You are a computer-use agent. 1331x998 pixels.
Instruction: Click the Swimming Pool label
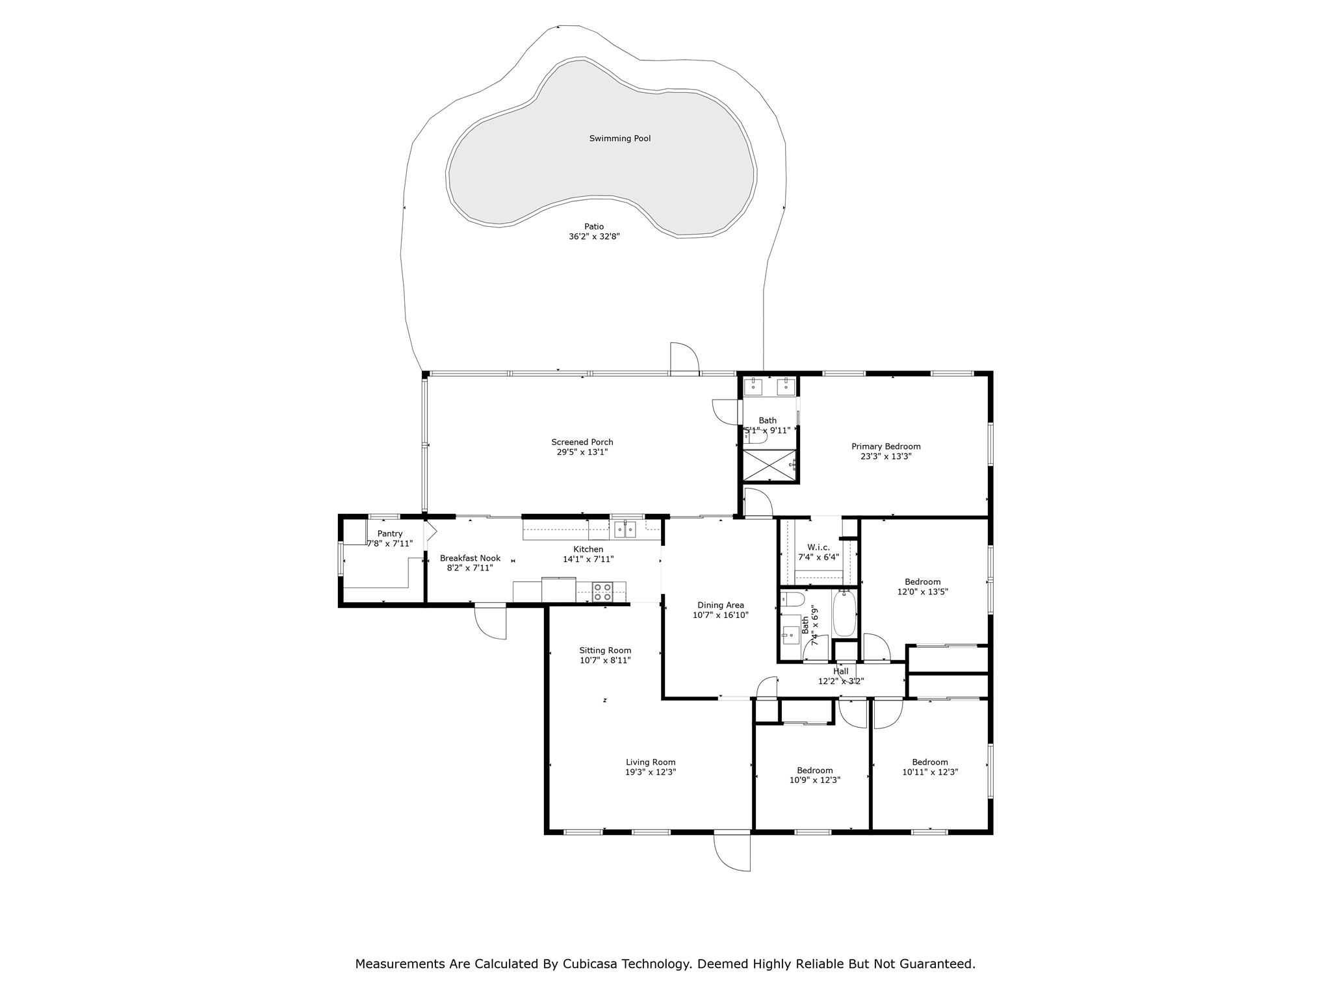pos(619,138)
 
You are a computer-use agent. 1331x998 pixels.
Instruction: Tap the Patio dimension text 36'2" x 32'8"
pos(594,237)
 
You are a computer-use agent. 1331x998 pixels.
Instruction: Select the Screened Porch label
pos(582,442)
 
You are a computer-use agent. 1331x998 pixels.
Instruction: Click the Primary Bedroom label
pos(886,446)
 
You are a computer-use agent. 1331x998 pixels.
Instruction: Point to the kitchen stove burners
pos(602,592)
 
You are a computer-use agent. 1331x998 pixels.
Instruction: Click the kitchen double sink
pos(625,530)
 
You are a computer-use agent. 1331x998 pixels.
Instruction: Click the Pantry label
pos(390,533)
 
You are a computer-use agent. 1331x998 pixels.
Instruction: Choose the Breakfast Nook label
pos(470,558)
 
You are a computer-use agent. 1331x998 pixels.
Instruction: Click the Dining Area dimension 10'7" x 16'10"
pos(720,615)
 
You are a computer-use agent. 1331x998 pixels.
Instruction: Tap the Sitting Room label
pos(605,650)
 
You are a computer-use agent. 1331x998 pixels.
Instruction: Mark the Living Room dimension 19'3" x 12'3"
pos(651,773)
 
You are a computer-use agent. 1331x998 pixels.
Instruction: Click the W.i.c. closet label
pos(818,547)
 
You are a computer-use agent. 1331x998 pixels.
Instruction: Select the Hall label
pos(841,671)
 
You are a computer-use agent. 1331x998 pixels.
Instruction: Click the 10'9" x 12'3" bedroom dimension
pos(815,780)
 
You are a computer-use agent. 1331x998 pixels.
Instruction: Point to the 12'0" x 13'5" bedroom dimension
pos(922,592)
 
